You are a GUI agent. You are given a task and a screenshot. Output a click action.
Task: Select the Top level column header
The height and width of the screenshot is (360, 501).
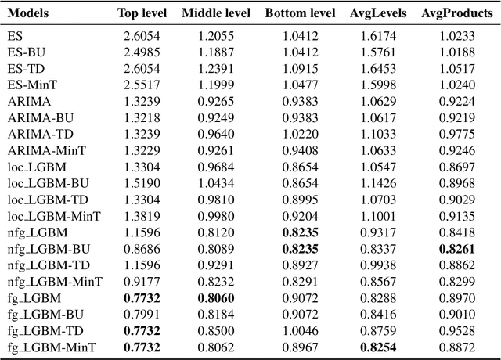pyautogui.click(x=140, y=13)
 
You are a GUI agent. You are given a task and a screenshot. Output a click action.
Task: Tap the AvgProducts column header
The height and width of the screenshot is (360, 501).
pyautogui.click(x=456, y=13)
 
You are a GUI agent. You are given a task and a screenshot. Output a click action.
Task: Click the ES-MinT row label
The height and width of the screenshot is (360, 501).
pyautogui.click(x=32, y=85)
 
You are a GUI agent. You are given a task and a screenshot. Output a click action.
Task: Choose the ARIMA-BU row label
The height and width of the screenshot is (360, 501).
pyautogui.click(x=41, y=117)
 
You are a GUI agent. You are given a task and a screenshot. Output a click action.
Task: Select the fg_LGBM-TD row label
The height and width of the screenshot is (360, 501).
pyautogui.click(x=46, y=330)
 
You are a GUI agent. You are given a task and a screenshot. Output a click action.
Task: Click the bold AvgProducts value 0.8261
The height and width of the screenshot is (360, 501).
pyautogui.click(x=456, y=249)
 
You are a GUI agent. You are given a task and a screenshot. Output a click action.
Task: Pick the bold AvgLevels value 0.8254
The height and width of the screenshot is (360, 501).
pyautogui.click(x=379, y=347)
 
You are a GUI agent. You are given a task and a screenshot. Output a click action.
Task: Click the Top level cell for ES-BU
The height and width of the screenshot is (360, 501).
pyautogui.click(x=140, y=52)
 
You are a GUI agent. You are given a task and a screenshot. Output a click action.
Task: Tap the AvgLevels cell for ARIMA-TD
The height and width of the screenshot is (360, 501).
pyautogui.click(x=379, y=133)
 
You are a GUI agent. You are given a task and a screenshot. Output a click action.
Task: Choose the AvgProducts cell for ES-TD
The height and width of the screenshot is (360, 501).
pyautogui.click(x=456, y=68)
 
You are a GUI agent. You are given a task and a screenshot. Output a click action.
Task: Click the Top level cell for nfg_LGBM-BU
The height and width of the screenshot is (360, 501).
pyautogui.click(x=140, y=249)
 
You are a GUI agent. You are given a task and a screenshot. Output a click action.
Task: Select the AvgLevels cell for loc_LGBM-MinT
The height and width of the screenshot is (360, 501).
pyautogui.click(x=379, y=216)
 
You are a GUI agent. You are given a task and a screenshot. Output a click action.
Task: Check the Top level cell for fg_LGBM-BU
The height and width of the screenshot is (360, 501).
pyautogui.click(x=140, y=315)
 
